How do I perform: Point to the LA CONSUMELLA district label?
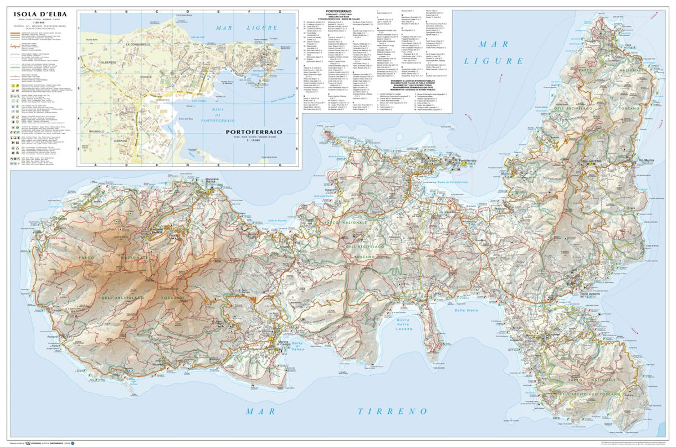tap(137, 44)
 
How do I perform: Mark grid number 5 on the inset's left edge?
tap(79, 149)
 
